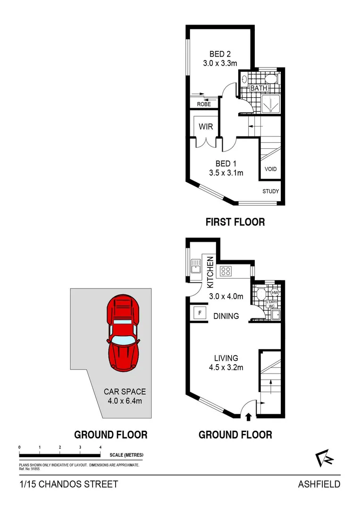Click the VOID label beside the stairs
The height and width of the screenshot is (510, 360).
point(270,169)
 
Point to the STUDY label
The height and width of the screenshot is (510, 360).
point(271,191)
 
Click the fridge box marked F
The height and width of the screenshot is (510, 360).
point(199,312)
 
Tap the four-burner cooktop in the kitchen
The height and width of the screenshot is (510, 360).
point(226,271)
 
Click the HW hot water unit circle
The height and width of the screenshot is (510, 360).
point(275,293)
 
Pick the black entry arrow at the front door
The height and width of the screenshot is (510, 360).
point(249,416)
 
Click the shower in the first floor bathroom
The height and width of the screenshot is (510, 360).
point(271,104)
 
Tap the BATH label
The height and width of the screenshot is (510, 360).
point(259,88)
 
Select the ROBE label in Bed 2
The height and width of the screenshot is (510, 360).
point(204,104)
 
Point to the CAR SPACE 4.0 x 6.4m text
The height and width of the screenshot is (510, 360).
point(125,396)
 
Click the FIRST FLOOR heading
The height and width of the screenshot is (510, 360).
point(235,221)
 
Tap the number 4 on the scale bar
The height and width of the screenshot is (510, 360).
point(100,447)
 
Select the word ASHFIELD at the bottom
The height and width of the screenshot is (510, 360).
point(319,484)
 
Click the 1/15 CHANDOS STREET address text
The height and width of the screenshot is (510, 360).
point(69,484)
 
